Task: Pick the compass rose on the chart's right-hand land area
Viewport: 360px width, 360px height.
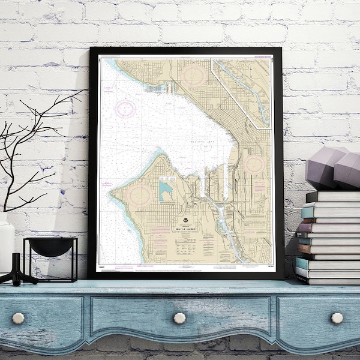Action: click(253, 164)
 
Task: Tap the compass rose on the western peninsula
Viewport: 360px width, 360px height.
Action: click(139, 194)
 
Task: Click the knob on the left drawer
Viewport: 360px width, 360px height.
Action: click(19, 318)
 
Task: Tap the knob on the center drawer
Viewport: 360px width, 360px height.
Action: click(179, 318)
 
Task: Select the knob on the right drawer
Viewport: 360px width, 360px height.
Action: click(337, 317)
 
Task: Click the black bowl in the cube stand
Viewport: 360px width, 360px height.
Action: click(50, 247)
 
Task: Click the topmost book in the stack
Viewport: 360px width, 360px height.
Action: click(334, 197)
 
